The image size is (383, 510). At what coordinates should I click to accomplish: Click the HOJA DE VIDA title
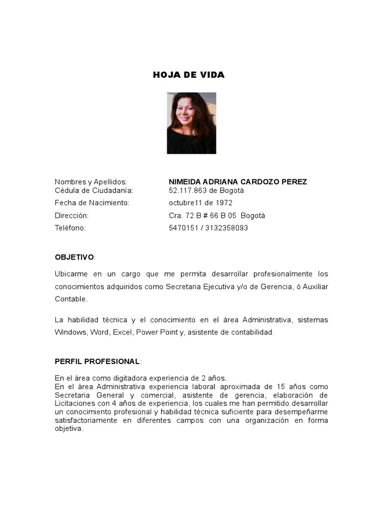[189, 75]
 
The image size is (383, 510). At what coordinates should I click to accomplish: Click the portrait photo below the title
[191, 123]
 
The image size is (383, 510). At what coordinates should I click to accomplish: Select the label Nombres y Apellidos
[91, 182]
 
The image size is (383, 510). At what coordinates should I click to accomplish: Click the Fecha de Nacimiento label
[92, 203]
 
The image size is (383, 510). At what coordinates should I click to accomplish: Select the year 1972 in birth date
[224, 203]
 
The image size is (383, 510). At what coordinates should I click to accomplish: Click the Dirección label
[71, 216]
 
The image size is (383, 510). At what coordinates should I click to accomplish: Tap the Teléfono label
[70, 228]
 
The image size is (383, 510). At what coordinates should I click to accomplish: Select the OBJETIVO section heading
[74, 257]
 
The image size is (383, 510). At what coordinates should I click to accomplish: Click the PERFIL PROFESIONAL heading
[97, 361]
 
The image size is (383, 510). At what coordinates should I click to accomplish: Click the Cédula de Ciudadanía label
[94, 190]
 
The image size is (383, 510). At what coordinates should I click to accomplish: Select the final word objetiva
[68, 429]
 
